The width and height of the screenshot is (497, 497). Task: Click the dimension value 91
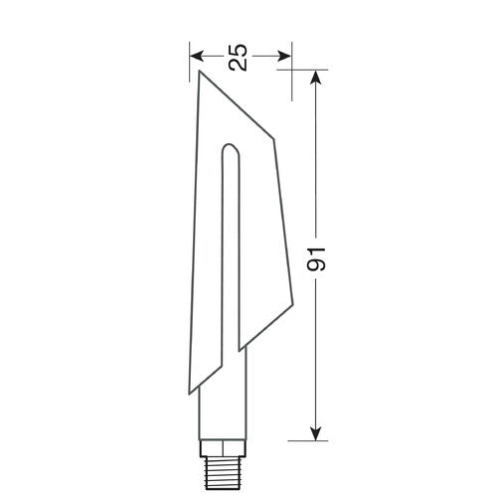point(317,259)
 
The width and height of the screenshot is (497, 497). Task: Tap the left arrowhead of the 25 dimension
point(196,57)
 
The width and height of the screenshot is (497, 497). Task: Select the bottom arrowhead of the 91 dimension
point(317,432)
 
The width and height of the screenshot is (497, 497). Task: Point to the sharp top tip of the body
point(199,72)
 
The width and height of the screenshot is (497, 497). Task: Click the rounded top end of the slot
point(230,151)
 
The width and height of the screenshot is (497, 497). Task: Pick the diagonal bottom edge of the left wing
point(218,369)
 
